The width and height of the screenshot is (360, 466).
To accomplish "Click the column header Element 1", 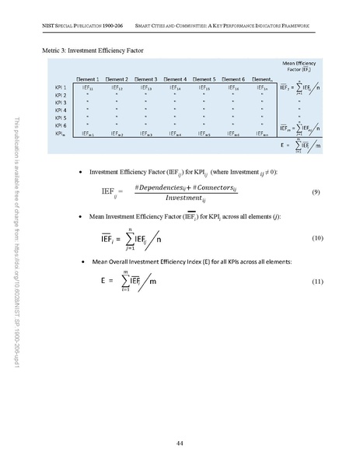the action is pyautogui.click(x=86, y=79).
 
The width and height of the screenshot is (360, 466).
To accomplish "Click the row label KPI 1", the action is pyautogui.click(x=61, y=88).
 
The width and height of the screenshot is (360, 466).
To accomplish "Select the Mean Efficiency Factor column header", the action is pyautogui.click(x=293, y=66).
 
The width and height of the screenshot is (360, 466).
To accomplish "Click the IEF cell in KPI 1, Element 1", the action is pyautogui.click(x=86, y=88).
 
